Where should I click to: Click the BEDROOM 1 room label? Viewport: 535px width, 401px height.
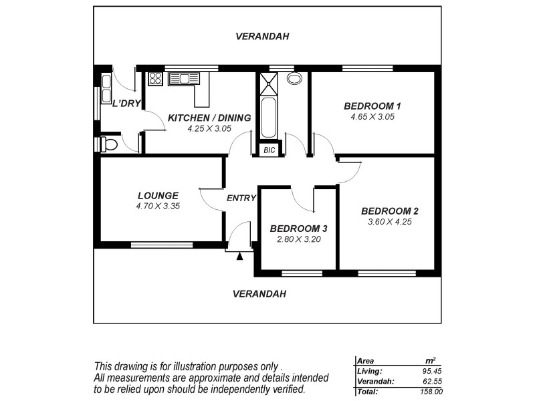click(372, 106)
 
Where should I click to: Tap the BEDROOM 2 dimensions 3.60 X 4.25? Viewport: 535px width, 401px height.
click(389, 222)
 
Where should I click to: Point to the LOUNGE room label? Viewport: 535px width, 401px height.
click(157, 196)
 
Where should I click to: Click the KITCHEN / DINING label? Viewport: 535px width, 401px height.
click(209, 118)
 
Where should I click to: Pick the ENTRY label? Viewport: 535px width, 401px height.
click(241, 198)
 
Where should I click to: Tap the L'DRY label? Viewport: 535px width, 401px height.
click(126, 104)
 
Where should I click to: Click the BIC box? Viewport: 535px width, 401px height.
click(270, 150)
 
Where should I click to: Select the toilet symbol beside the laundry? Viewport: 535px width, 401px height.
click(108, 144)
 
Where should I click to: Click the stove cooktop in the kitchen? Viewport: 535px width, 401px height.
click(155, 78)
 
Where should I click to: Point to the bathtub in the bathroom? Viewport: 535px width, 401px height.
click(269, 117)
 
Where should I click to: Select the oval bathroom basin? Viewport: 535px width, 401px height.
click(294, 78)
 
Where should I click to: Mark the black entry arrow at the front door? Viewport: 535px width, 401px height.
click(239, 255)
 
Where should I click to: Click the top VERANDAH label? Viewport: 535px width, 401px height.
click(262, 37)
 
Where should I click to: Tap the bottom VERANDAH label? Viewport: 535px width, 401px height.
click(259, 293)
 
